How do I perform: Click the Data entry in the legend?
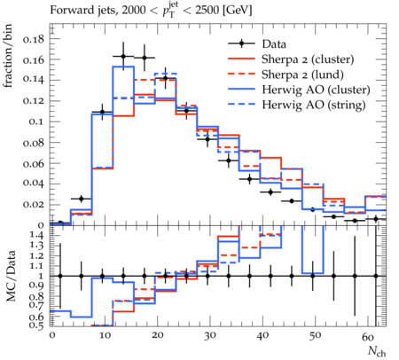coord(274,44)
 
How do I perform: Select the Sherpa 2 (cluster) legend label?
coord(308,59)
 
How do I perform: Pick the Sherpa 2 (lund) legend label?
coord(302,74)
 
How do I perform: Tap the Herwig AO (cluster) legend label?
coord(316,90)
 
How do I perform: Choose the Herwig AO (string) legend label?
coord(314,105)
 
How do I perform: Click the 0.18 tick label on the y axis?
coord(34,39)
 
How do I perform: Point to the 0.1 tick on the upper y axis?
coord(36,121)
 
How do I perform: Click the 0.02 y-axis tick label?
coord(34,205)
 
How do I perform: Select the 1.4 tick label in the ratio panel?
coord(36,235)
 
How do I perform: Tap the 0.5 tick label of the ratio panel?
coord(36,325)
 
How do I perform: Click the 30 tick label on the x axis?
coord(209,336)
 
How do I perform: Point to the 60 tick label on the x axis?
coord(368,336)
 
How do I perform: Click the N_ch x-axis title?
coord(377,351)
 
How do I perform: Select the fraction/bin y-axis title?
coord(8,56)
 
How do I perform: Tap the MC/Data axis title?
coord(11,276)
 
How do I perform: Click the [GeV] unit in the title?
coord(237,11)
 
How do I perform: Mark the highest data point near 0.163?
coord(123,57)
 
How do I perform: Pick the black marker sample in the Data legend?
coord(241,44)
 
